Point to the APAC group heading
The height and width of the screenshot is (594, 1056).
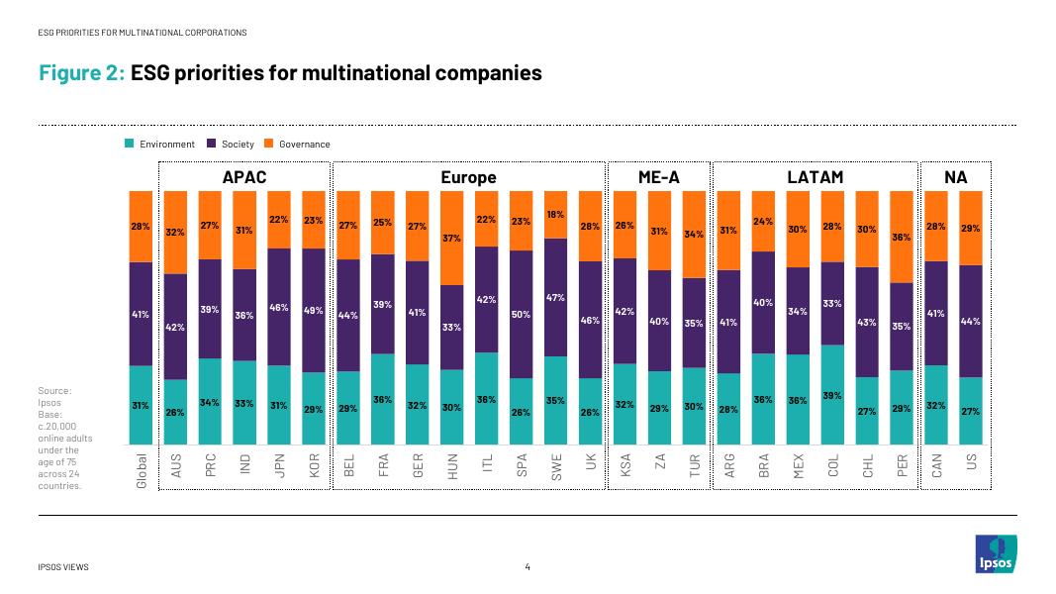244,177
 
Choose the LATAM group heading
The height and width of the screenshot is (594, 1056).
815,177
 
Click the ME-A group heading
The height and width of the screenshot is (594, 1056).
657,177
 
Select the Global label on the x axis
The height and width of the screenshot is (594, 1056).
142,470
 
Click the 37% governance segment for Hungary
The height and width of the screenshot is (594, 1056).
451,238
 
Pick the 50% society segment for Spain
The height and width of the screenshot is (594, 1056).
521,314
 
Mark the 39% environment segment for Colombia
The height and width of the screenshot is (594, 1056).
833,395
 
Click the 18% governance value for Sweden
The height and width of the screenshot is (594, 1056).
555,214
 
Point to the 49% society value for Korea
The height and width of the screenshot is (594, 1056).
314,310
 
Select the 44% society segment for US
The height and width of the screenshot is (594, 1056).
971,321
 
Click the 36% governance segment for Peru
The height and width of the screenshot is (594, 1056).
902,237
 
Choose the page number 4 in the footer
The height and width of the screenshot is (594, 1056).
528,567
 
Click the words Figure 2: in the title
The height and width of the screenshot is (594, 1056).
82,72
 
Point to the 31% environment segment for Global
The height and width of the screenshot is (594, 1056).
141,405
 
